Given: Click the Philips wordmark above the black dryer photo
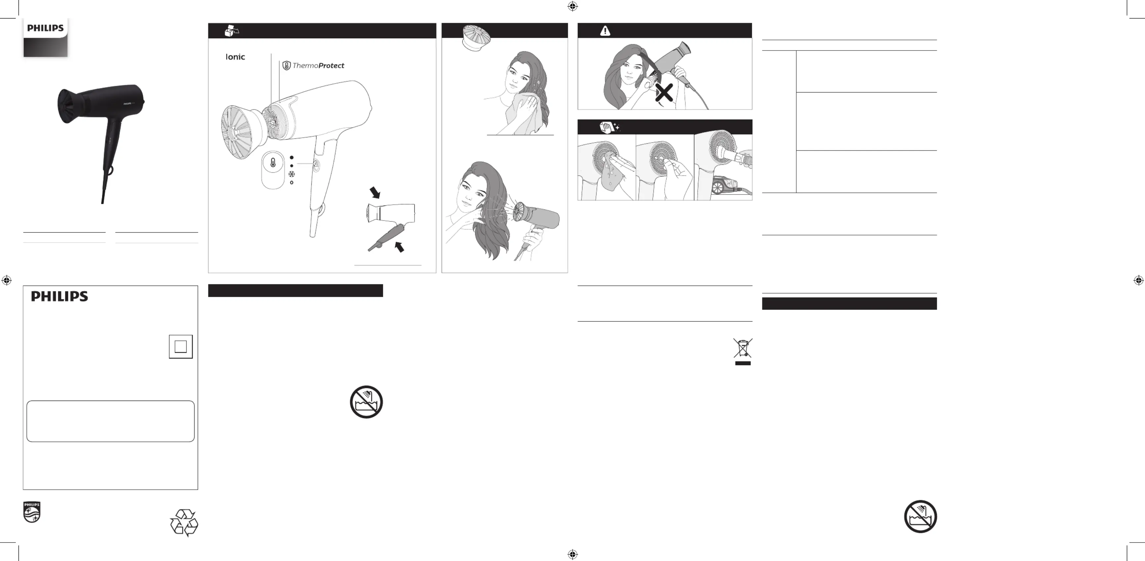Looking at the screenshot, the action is [x=45, y=28].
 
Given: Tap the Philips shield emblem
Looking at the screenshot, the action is [x=32, y=512].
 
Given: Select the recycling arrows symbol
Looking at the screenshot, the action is [x=184, y=523].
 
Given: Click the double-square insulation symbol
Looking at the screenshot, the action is [x=181, y=347].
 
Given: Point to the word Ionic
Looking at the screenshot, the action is [x=235, y=57].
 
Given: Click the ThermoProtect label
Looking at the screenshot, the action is [x=313, y=66].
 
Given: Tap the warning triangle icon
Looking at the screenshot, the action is [x=605, y=31].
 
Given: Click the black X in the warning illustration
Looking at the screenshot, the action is [x=664, y=93].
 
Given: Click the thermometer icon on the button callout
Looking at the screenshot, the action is [x=273, y=163].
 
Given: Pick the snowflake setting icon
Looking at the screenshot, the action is [x=292, y=174].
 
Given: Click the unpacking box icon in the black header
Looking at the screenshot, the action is [x=231, y=31].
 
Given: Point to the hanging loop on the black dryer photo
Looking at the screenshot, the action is [x=109, y=169].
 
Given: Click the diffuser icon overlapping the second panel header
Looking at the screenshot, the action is [x=476, y=38].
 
